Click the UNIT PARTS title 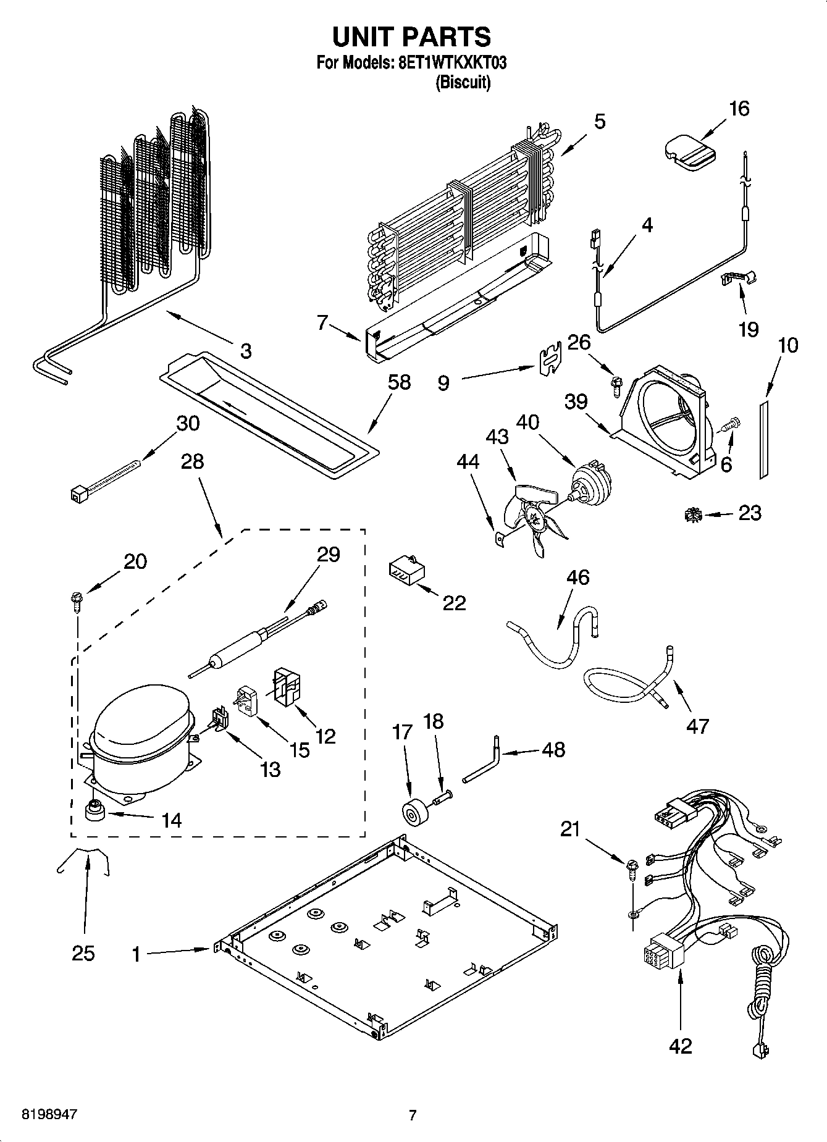[411, 36]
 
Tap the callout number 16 [739, 109]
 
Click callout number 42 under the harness [680, 1046]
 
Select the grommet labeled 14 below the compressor [94, 810]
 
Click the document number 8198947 [49, 1115]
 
